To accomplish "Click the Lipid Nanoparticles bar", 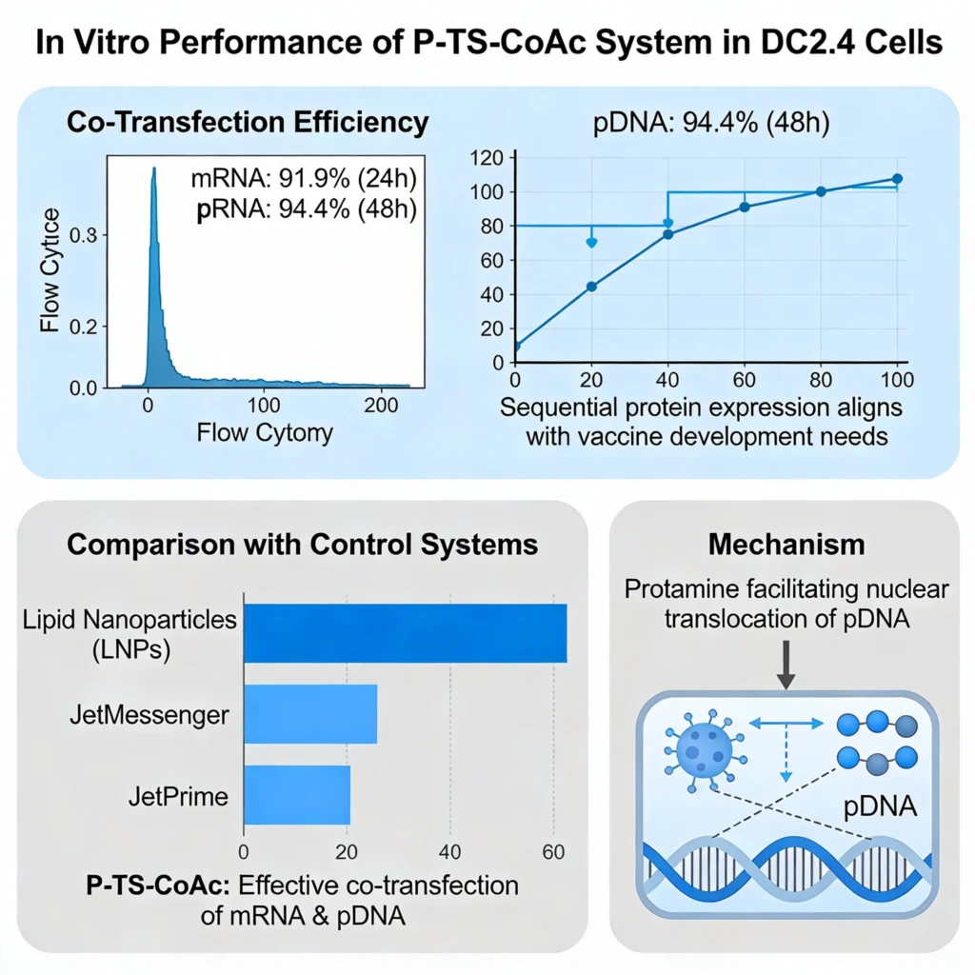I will point(406,632).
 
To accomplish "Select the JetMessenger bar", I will point(310,713).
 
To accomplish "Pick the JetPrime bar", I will point(297,795).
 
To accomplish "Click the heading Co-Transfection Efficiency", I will point(246,124).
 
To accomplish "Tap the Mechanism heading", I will point(786,544).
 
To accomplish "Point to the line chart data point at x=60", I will point(745,207).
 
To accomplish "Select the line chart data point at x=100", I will point(897,179).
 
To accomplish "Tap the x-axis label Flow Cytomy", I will point(265,433).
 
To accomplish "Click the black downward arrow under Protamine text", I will point(786,663).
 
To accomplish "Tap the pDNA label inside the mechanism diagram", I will point(881,808).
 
